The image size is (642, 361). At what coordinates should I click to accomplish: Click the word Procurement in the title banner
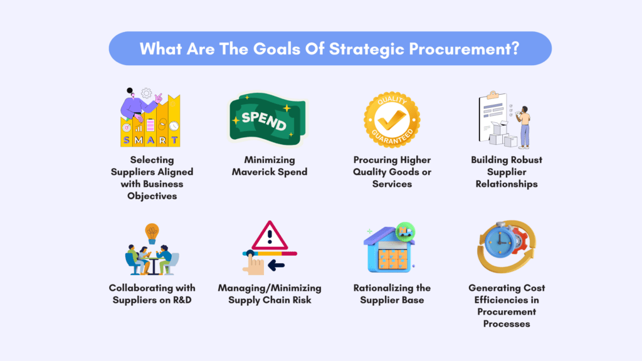pos(465,49)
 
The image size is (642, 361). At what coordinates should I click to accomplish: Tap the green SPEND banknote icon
pos(268,118)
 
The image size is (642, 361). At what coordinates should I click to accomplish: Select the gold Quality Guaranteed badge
pos(392,120)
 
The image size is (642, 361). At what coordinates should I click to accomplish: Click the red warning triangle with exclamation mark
pos(270,236)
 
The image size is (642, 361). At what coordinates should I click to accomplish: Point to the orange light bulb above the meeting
pos(152,233)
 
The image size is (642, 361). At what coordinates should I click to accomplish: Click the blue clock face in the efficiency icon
pos(500,243)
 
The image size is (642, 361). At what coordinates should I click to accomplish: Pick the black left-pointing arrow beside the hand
pos(276,266)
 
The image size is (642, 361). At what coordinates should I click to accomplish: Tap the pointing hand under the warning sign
pos(253,264)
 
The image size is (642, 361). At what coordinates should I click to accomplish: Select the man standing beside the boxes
pos(524,127)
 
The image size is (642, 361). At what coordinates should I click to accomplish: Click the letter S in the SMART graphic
pos(126,140)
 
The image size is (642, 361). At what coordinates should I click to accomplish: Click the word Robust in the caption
pos(527,160)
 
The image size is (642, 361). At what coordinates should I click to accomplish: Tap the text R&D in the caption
pos(182,300)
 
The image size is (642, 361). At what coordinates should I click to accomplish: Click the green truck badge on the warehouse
pos(406,232)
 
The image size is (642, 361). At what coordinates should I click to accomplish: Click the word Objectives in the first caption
pos(152,196)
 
